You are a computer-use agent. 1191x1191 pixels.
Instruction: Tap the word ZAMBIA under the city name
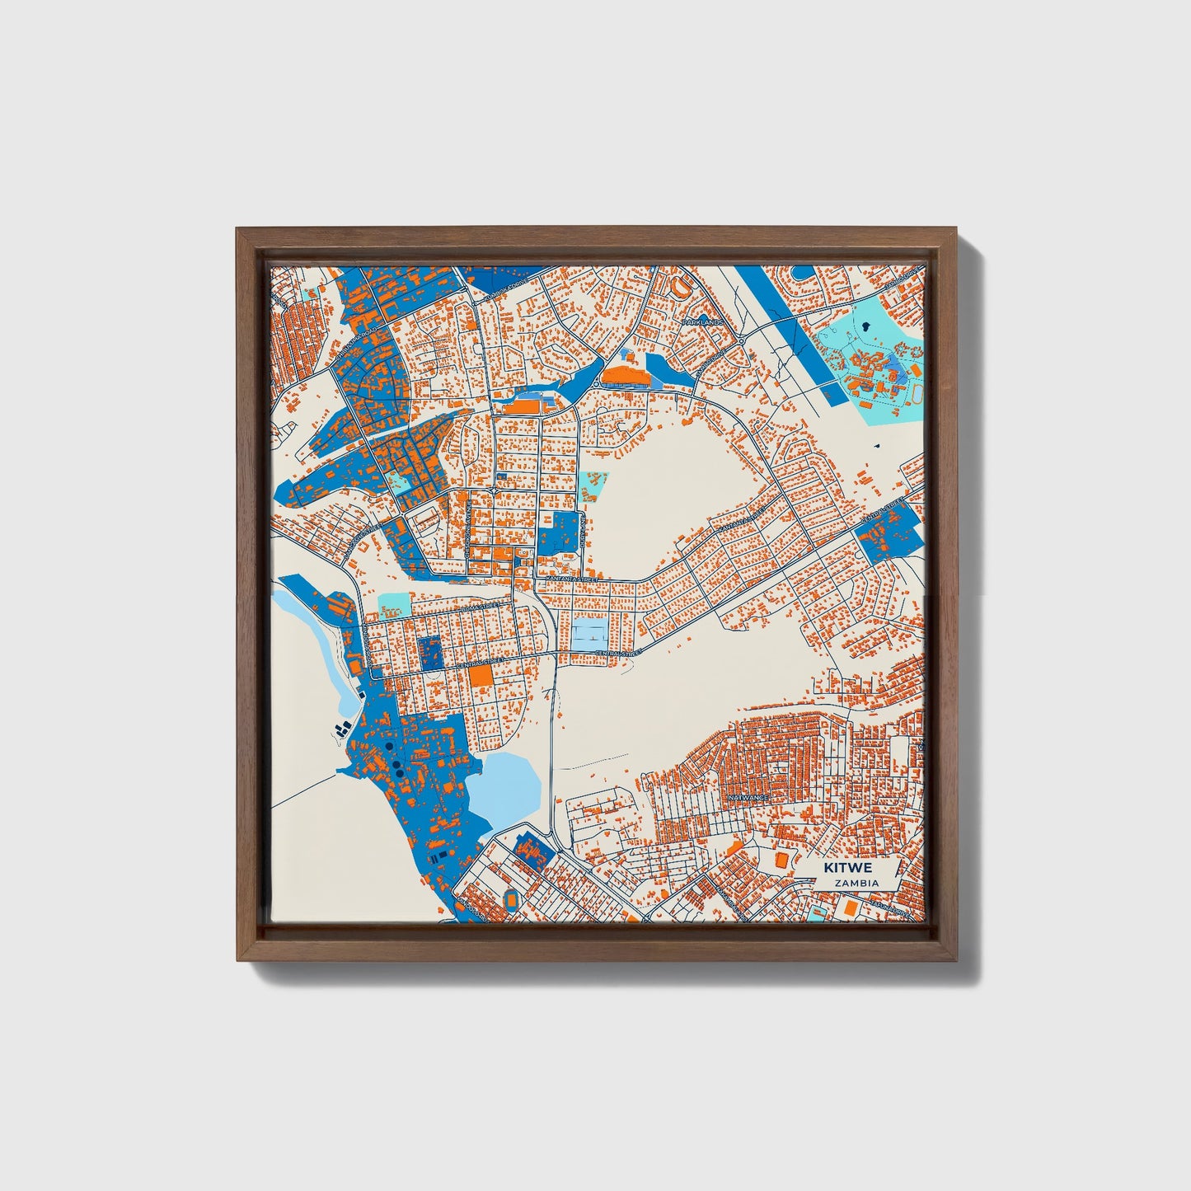coord(856,883)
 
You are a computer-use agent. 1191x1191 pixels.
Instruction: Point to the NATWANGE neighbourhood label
coord(748,799)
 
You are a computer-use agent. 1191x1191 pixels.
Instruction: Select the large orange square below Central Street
coord(481,677)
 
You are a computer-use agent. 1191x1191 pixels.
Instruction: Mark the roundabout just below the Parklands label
coord(741,340)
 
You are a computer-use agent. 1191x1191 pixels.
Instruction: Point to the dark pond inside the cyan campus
coord(864,326)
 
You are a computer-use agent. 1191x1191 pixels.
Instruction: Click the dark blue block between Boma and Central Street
coord(429,652)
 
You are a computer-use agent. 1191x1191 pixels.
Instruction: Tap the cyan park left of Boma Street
coord(393,606)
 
